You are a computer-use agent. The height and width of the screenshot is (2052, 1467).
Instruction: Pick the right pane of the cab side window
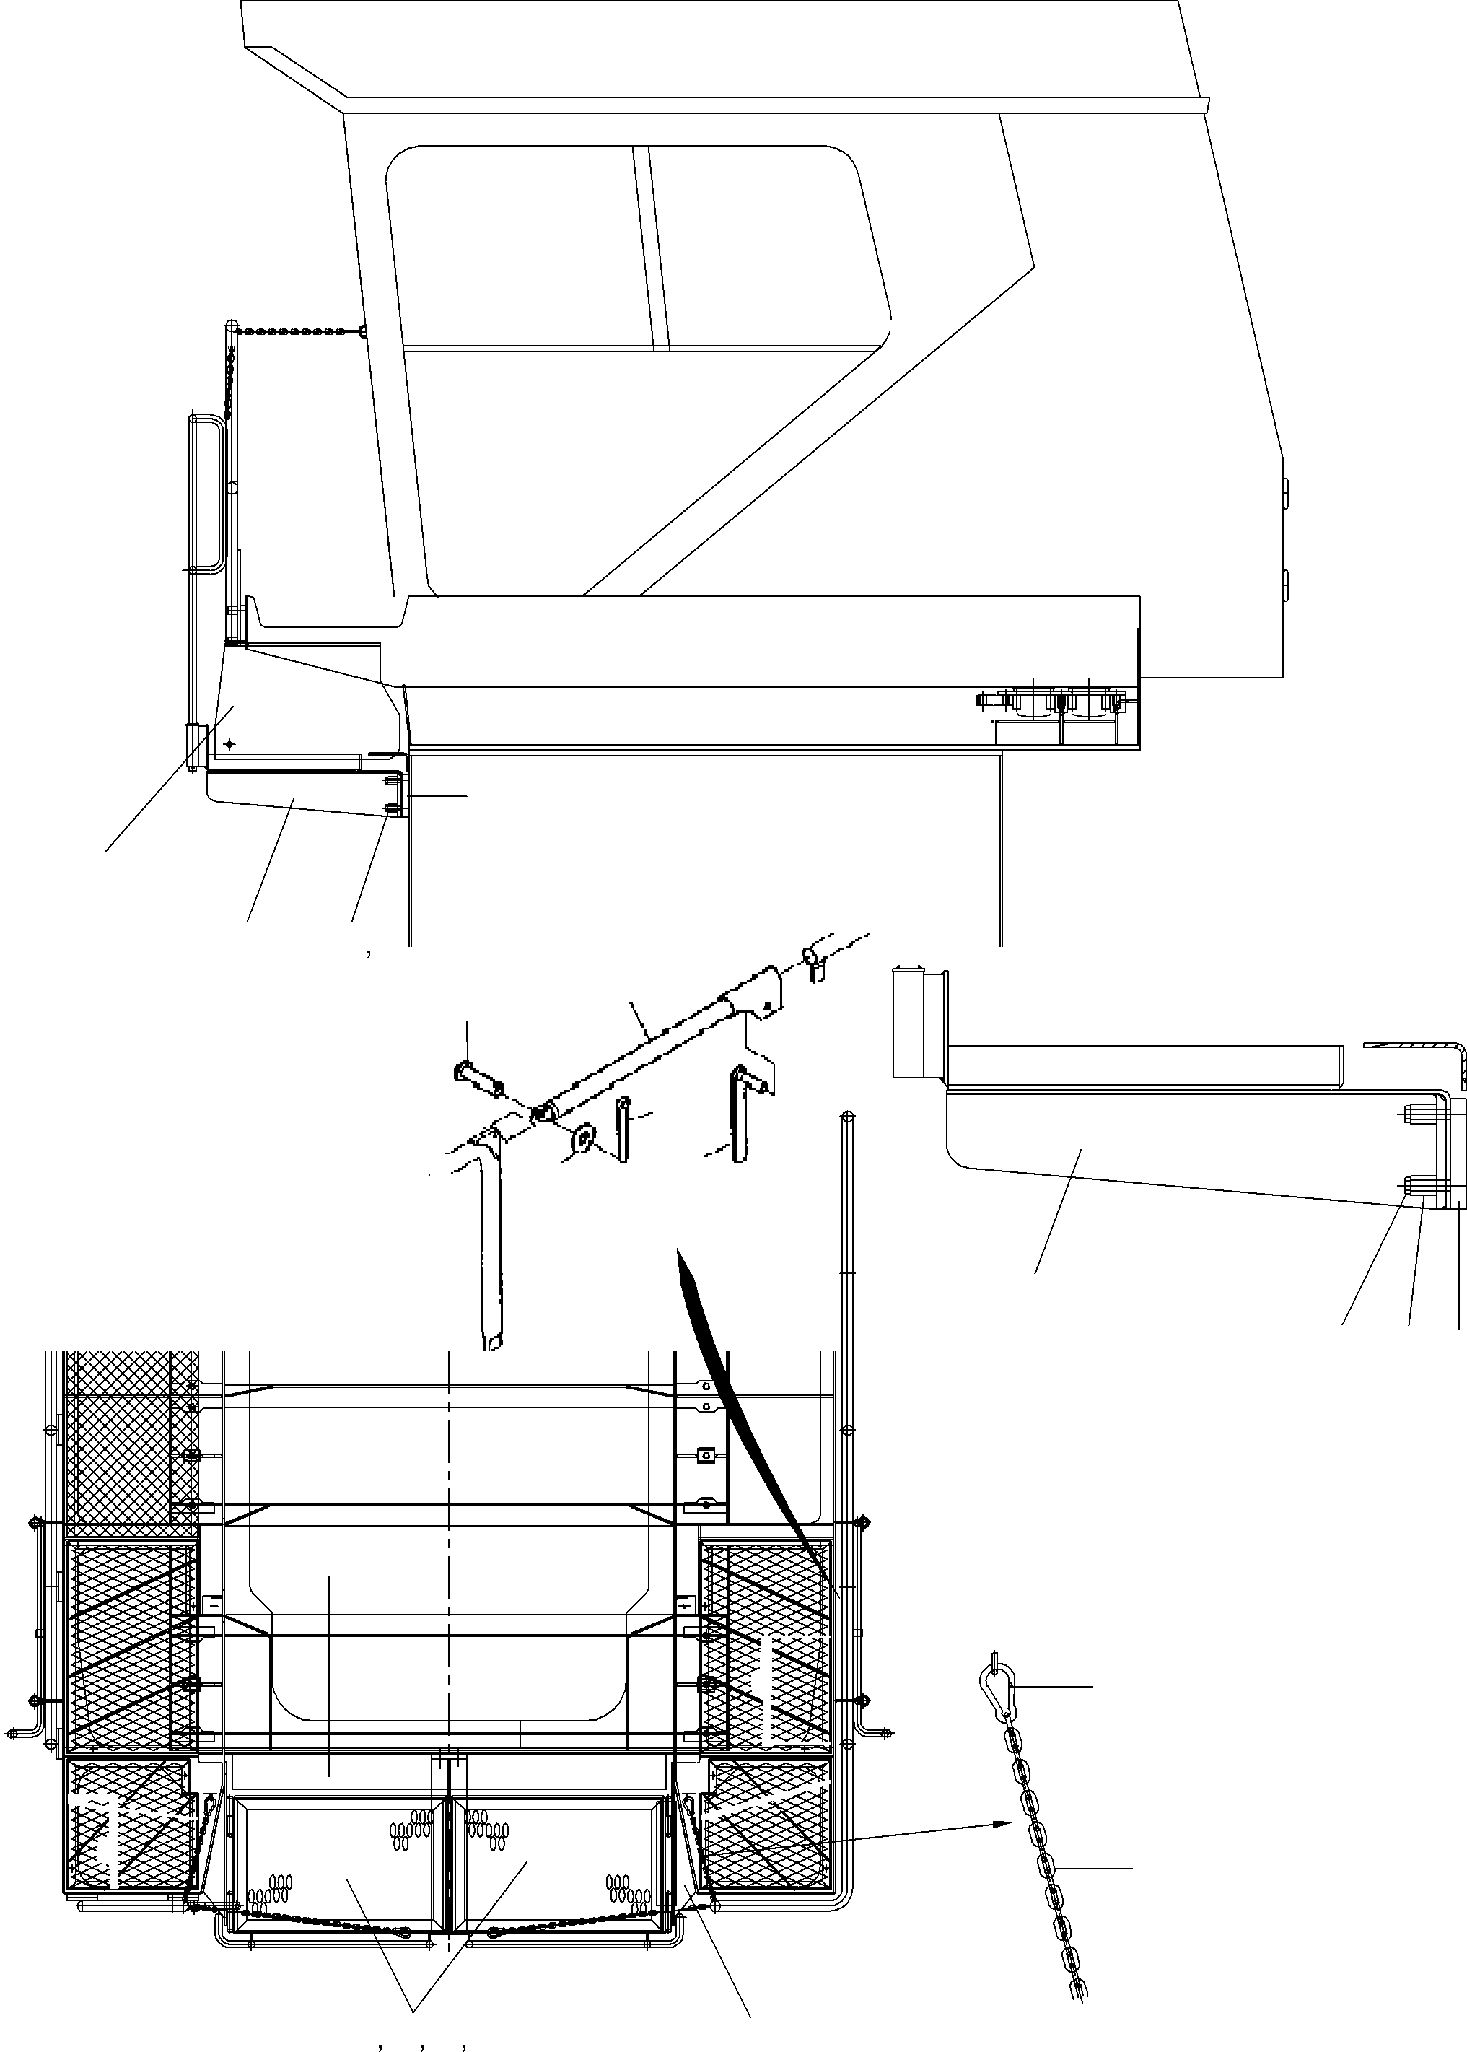[x=768, y=244]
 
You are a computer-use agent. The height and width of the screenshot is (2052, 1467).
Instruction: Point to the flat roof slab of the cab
[x=722, y=50]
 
